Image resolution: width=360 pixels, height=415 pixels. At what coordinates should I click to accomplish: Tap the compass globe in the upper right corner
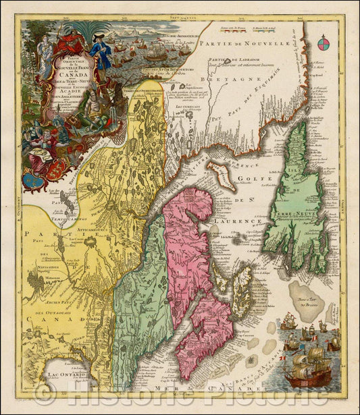point(322,46)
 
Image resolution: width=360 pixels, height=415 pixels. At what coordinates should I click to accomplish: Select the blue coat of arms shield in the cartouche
point(30,179)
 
